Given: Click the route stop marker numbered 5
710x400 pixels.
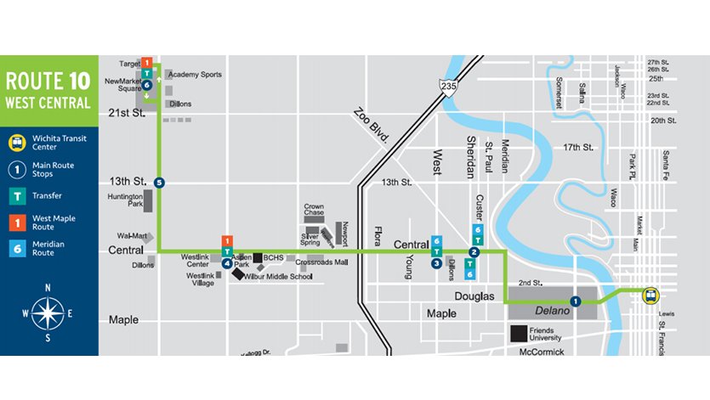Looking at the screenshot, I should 159,182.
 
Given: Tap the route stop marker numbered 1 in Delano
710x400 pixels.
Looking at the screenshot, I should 576,301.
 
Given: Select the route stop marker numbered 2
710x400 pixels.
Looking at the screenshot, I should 474,252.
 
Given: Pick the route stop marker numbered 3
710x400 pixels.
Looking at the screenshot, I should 436,263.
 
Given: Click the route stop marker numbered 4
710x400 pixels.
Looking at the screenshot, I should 227,263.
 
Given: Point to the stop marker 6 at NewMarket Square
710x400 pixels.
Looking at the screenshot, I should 147,86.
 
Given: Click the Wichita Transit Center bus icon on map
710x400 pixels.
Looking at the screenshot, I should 650,296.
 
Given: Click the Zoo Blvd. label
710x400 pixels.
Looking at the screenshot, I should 372,128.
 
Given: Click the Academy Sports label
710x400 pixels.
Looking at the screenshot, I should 195,75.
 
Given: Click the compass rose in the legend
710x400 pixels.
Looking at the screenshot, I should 48,314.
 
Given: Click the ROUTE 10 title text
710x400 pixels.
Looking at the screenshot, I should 48,82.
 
